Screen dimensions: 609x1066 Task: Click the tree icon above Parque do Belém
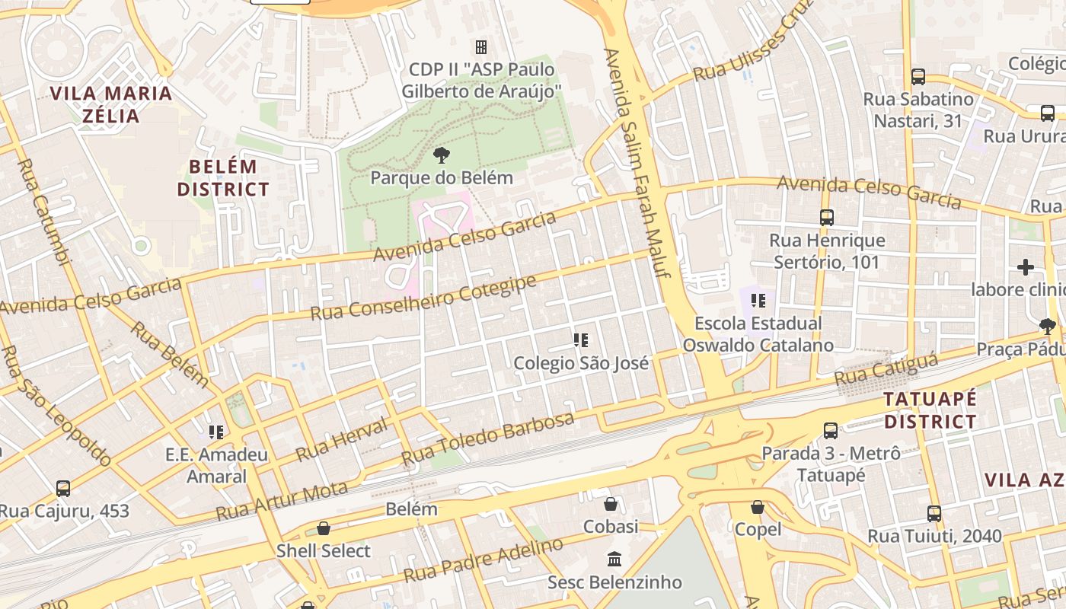[440, 156]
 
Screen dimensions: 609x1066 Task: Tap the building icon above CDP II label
[480, 47]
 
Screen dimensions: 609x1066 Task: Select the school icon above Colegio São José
[581, 340]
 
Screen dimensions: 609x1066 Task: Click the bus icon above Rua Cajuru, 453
[63, 488]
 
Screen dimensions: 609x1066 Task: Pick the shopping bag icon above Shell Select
[324, 528]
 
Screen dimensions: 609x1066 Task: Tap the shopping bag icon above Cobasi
[610, 504]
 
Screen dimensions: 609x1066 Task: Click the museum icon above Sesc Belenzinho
[614, 560]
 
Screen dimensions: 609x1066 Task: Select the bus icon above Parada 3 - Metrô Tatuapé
[831, 431]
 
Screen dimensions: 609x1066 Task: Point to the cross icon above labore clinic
[1025, 267]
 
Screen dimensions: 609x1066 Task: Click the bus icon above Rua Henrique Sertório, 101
[827, 218]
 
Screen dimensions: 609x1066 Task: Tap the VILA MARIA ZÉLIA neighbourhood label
[111, 104]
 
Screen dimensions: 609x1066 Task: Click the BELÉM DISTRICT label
[223, 177]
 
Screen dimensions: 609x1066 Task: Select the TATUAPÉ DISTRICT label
[930, 410]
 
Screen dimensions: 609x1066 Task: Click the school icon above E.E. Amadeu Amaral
[216, 432]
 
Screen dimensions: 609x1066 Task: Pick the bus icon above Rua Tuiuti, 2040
[934, 514]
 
